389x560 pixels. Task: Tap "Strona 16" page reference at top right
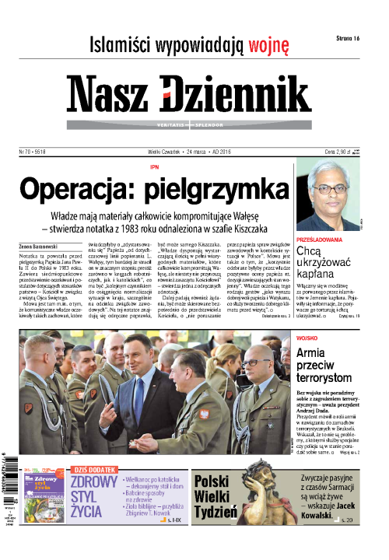click(x=345, y=38)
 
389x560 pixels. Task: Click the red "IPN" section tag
click(x=154, y=167)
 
